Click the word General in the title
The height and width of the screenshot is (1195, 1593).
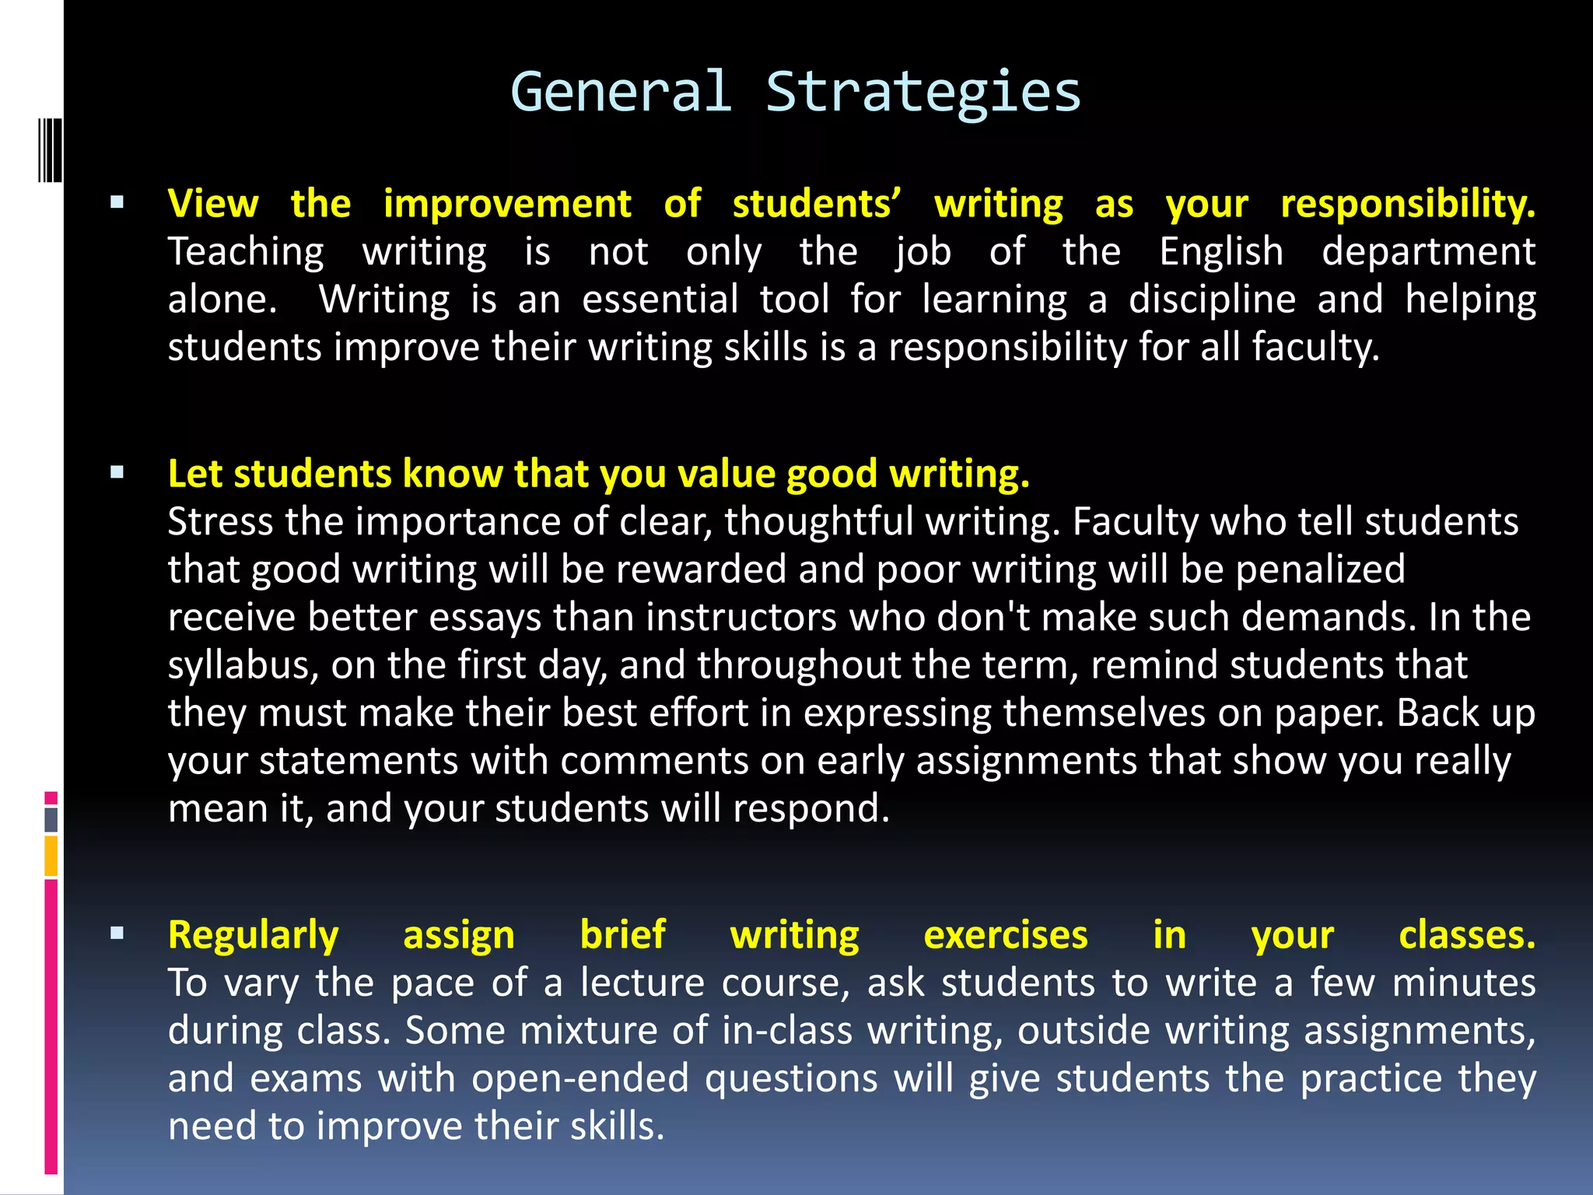click(621, 92)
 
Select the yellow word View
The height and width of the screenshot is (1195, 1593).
click(213, 204)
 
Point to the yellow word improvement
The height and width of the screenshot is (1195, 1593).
click(507, 204)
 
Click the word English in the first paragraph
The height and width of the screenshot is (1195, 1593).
click(1221, 252)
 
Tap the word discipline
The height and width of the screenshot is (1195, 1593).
click(1212, 300)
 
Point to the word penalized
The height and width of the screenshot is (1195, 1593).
click(1320, 569)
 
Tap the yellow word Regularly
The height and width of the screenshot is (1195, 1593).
click(254, 935)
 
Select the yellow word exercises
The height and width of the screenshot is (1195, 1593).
click(1005, 935)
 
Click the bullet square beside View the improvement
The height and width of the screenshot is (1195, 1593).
click(117, 204)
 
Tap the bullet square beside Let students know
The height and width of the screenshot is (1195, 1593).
click(117, 472)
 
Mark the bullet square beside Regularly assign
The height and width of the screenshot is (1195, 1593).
click(117, 934)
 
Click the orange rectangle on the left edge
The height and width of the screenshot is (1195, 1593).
click(51, 856)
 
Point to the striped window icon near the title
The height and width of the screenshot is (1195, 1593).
click(50, 150)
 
